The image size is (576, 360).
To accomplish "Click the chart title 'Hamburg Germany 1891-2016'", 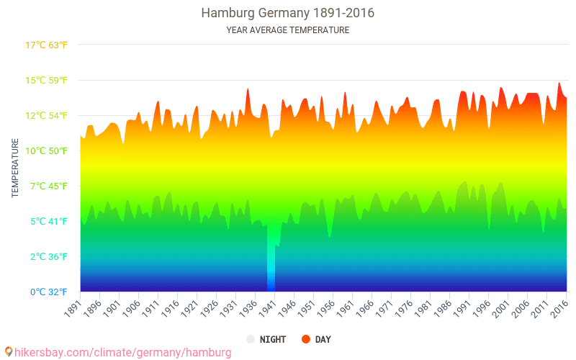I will [287, 13].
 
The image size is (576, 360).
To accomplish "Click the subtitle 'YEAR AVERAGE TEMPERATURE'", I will [287, 30].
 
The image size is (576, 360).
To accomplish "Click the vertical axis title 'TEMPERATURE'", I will [15, 168].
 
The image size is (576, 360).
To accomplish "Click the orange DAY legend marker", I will [306, 339].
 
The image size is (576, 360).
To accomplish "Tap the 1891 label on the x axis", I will [73, 308].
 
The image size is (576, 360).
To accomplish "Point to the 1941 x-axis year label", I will [266, 308].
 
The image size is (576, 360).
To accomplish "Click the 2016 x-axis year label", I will [559, 308].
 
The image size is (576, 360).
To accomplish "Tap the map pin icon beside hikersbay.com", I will [9, 351].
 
